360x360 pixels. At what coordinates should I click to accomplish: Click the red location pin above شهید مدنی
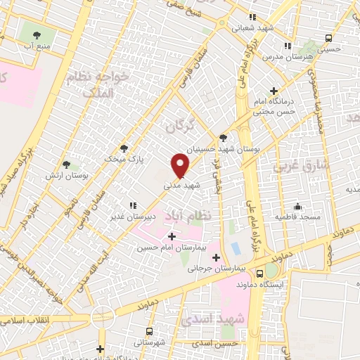[181, 165]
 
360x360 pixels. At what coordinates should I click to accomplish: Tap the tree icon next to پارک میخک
[124, 148]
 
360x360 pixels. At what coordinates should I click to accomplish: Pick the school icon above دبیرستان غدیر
[131, 205]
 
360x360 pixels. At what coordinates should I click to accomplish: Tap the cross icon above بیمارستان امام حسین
[172, 236]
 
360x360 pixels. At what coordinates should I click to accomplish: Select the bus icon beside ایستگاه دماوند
[261, 273]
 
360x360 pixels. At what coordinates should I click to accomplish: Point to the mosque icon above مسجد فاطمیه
[298, 207]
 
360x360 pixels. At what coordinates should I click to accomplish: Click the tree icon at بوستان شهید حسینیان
[224, 138]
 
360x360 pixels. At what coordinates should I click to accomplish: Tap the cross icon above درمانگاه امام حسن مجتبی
[274, 91]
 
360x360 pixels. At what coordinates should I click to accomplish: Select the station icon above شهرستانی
[149, 331]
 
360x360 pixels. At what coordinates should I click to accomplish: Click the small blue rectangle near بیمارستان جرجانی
[236, 248]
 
